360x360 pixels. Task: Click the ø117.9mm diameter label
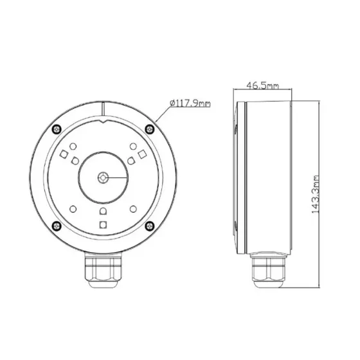(x=190, y=103)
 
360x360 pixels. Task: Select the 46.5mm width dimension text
(x=263, y=85)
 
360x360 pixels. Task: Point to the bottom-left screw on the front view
(x=58, y=224)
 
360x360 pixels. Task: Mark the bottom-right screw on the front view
(x=149, y=224)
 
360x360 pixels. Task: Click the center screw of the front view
(x=104, y=175)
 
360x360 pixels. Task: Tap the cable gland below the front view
(x=104, y=272)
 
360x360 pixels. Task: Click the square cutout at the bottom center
(x=104, y=224)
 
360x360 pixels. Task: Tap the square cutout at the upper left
(x=65, y=155)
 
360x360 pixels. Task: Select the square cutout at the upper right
(x=141, y=155)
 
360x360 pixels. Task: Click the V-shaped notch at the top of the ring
(x=104, y=116)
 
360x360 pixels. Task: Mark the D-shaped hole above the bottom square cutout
(x=104, y=211)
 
